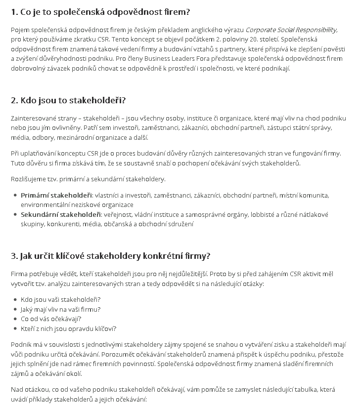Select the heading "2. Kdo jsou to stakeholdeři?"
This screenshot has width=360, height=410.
point(68,100)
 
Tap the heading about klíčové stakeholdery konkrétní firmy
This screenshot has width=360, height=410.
point(111,256)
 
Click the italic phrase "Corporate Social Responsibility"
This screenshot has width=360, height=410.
point(291,30)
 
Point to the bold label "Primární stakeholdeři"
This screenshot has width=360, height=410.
point(56,195)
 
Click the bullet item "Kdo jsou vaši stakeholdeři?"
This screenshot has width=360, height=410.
point(61,300)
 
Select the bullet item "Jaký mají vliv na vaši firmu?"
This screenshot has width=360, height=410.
point(61,310)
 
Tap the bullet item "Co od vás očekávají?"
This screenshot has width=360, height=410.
point(51,319)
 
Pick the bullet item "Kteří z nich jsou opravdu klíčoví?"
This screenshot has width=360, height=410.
point(68,329)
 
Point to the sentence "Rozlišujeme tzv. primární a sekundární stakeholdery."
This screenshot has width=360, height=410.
point(88,179)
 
